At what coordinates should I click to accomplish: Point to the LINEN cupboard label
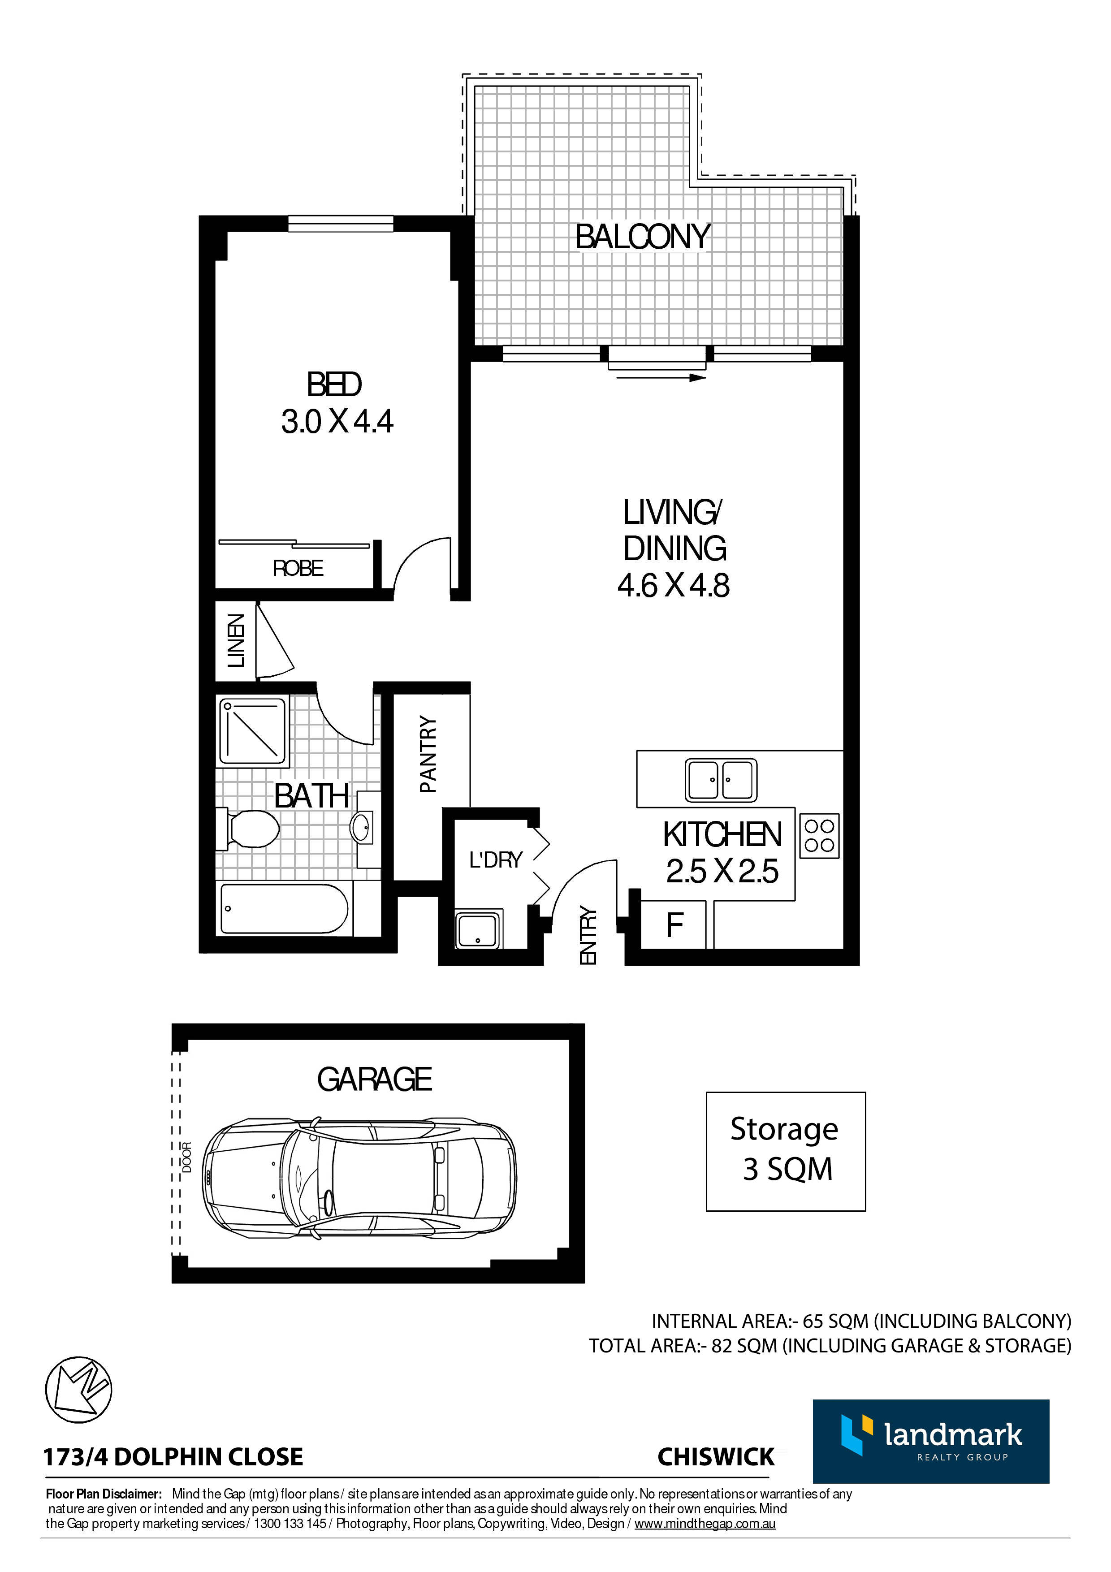coord(235,640)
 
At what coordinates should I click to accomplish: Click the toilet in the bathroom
coord(248,829)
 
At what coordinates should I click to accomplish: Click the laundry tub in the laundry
coord(479,929)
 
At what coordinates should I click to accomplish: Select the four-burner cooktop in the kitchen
coord(819,835)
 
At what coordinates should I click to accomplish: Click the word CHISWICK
coord(716,1456)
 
